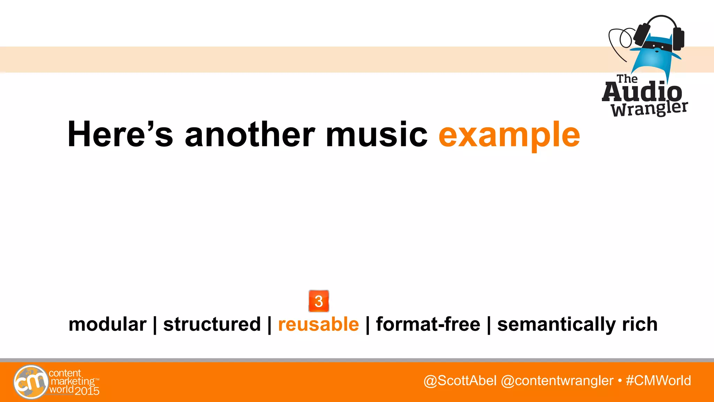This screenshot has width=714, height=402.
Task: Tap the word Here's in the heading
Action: pos(120,134)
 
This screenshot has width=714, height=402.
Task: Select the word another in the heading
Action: pos(250,134)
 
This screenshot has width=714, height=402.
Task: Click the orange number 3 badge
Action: pos(319,301)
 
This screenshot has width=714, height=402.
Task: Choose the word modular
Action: pos(107,324)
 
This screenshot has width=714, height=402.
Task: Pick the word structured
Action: pos(212,324)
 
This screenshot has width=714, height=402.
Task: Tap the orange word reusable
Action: pos(318,324)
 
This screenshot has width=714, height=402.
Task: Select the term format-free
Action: pos(428,324)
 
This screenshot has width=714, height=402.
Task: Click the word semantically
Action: pos(556,325)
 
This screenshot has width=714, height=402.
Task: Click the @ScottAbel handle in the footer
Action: pos(460,380)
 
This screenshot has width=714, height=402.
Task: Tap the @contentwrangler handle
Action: pos(557,380)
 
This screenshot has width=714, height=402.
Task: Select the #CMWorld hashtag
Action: pos(658,380)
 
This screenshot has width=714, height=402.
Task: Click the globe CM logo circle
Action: pos(31,382)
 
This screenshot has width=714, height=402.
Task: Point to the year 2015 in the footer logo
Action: pos(87,391)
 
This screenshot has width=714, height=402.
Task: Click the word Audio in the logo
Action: pos(642,92)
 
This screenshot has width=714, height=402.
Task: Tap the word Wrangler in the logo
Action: pos(649,109)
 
